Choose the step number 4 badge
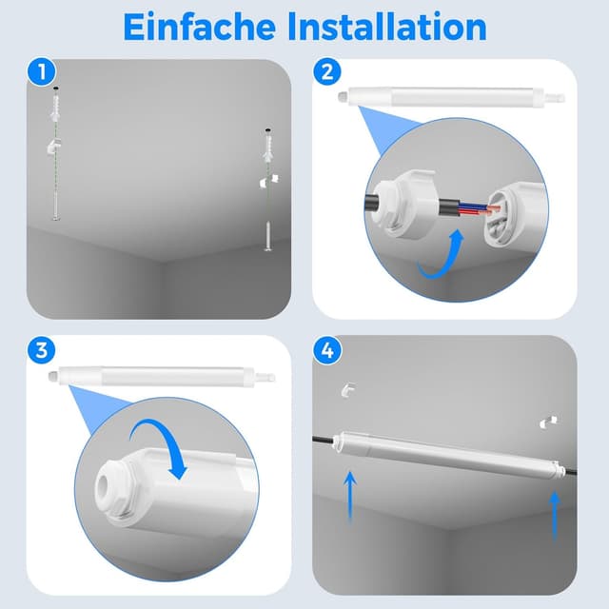327,349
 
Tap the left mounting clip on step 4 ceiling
347,389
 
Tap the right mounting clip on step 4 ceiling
549,420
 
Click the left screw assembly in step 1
55,152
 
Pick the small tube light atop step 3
162,376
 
